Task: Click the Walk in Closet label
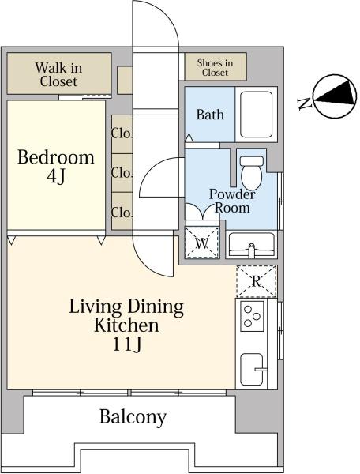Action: (58, 74)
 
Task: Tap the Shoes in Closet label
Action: (215, 68)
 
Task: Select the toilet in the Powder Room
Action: (252, 173)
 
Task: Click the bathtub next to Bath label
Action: (256, 115)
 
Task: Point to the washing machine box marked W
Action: (202, 243)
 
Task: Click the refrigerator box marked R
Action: (257, 281)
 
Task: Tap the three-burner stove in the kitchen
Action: (252, 316)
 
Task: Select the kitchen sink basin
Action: (252, 369)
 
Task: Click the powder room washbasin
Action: (252, 245)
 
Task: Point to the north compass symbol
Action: (335, 96)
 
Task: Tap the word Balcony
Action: (133, 417)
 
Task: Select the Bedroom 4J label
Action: (56, 166)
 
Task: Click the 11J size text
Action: (127, 344)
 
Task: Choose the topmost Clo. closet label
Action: (122, 134)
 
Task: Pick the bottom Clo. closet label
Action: (122, 213)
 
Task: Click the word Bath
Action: (210, 115)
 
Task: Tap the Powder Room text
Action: (232, 201)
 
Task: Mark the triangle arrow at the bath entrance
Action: (189, 137)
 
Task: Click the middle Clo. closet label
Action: (122, 173)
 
